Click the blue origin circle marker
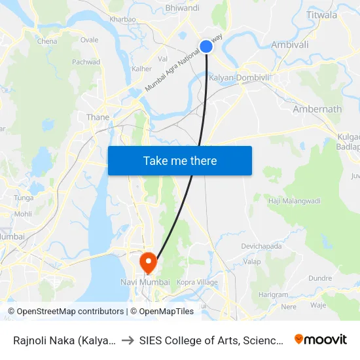click(206, 46)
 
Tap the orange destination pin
click(149, 262)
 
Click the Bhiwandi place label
click(183, 8)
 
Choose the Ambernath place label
click(317, 109)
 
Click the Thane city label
click(98, 117)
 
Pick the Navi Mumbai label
click(145, 282)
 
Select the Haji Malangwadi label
click(294, 200)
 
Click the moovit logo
click(320, 339)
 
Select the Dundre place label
click(320, 278)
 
